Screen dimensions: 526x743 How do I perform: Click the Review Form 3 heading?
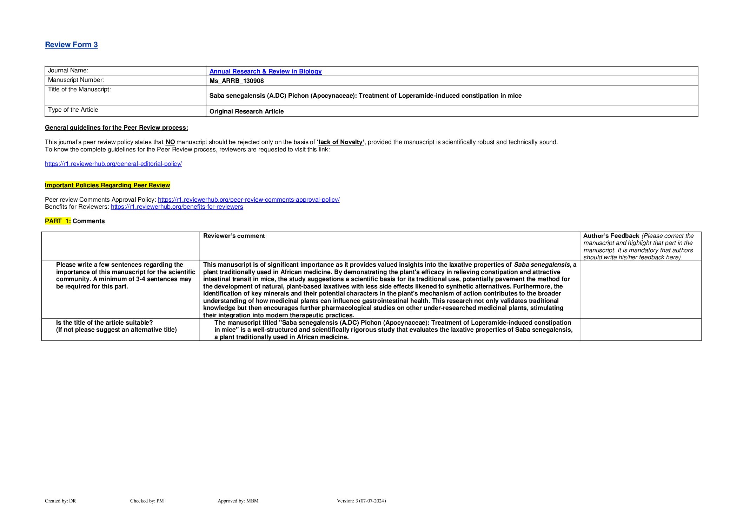coord(71,45)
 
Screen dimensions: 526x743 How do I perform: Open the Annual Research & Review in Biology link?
coord(265,71)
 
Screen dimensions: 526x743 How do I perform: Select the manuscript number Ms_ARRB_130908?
coord(237,81)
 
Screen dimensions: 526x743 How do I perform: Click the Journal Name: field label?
coord(68,71)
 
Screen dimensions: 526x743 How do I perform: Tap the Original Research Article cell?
coord(246,111)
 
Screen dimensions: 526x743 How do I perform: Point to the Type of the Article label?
coord(73,110)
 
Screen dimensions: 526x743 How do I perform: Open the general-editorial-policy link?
coord(113,164)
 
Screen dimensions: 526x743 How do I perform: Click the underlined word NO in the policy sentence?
coord(170,142)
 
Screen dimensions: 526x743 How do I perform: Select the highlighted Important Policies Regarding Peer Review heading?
coord(107,185)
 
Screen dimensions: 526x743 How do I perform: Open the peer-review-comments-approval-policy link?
coord(248,200)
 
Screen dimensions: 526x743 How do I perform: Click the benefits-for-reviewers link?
coord(177,207)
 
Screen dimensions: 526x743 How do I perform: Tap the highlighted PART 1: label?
coord(58,221)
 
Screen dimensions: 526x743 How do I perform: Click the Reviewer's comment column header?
coord(234,236)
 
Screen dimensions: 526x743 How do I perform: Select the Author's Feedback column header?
coord(611,236)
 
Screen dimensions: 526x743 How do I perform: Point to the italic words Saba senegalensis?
coord(542,265)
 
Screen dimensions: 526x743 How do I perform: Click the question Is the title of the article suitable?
coord(105,323)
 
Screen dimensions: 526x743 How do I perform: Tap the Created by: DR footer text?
coord(60,501)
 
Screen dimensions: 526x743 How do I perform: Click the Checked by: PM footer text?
coord(147,501)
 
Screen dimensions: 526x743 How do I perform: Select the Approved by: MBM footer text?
coord(238,501)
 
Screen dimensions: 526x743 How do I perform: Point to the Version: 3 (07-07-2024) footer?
coord(361,501)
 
